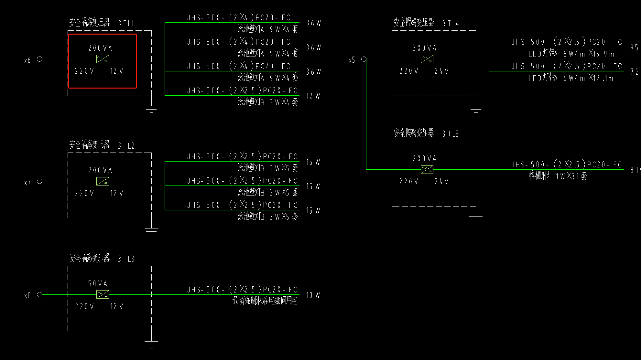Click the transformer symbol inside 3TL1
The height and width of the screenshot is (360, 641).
coord(103,59)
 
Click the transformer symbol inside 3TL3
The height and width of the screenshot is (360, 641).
coord(103,294)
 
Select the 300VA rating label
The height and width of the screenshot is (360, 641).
coord(425,48)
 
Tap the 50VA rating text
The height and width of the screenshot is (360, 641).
coord(98,284)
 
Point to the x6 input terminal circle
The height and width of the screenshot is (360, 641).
coord(39,59)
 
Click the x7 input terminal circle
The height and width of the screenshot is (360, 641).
coord(39,181)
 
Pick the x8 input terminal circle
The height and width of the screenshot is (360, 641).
coord(39,294)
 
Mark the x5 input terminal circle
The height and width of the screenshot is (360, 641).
coord(364,59)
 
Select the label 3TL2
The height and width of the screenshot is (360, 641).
coord(126,146)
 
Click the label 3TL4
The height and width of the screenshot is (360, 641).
coord(451,23)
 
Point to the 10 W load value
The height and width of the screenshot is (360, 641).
coord(313,295)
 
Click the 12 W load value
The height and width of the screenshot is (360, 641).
coord(313,96)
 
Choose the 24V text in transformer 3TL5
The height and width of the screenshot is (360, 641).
coord(441,182)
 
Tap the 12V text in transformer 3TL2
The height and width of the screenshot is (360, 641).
coord(117,193)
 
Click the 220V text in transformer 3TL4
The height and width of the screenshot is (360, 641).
coord(408,71)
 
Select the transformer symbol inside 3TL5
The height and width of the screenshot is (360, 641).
coord(427,169)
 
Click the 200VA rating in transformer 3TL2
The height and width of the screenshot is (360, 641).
coord(100,170)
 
